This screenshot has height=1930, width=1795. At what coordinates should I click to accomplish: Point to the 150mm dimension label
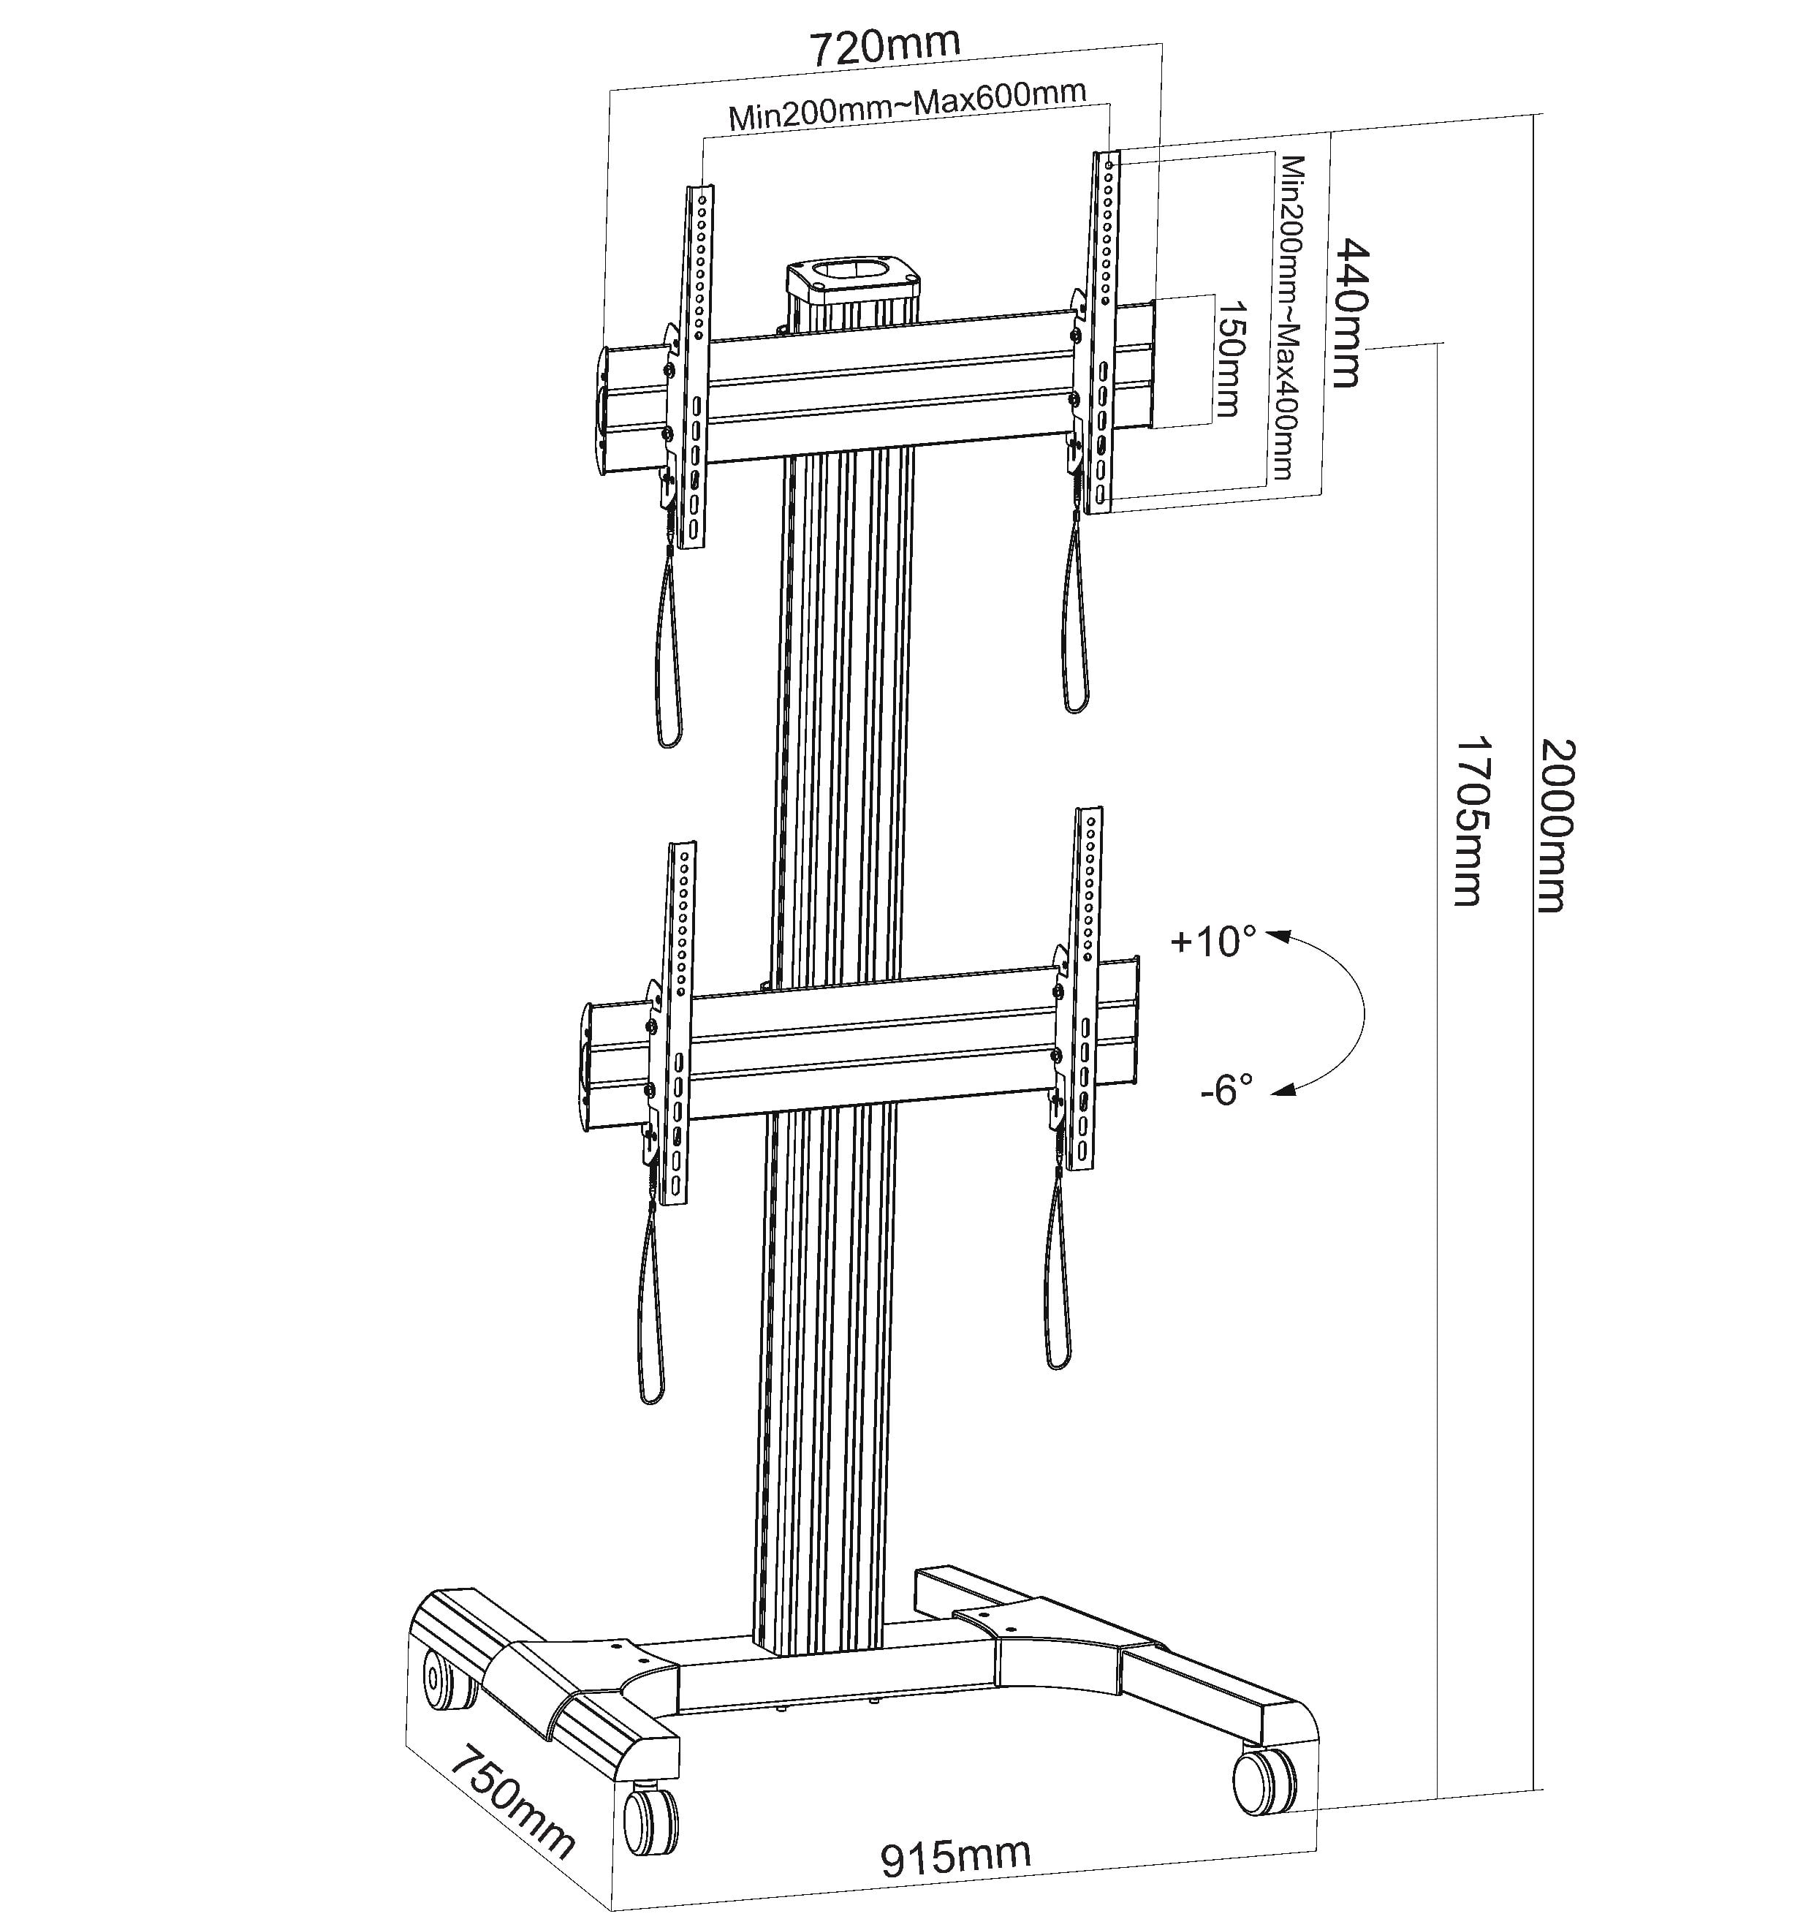coord(1228,358)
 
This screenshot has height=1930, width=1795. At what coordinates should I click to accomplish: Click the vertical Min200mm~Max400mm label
coord(1286,317)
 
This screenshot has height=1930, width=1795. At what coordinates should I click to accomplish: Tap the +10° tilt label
coord(1213,942)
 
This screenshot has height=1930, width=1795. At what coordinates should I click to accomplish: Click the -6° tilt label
coord(1226,1089)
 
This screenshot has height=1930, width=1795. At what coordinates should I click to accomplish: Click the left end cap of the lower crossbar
coord(588,1066)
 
